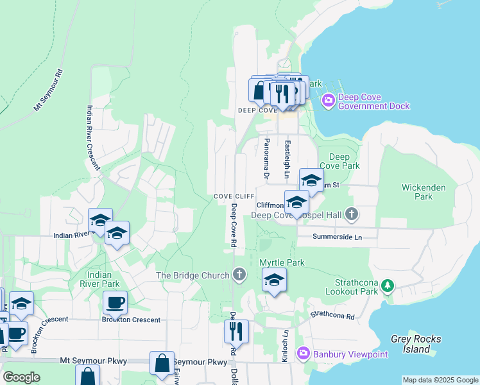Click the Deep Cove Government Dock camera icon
pos(329,100)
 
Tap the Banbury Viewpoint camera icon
pos(302,353)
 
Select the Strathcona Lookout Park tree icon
pos(387,285)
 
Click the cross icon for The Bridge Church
pos(239,275)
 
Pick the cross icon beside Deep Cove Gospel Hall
pos(351,213)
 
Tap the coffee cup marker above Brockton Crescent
pos(115,302)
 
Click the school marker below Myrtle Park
pos(274,280)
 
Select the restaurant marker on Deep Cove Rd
pos(236,332)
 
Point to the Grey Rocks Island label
pos(410,344)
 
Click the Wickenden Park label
pos(417,192)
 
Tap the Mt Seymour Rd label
pos(49,89)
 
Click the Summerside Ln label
pos(338,237)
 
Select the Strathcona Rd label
pos(332,315)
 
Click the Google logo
pos(22,377)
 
